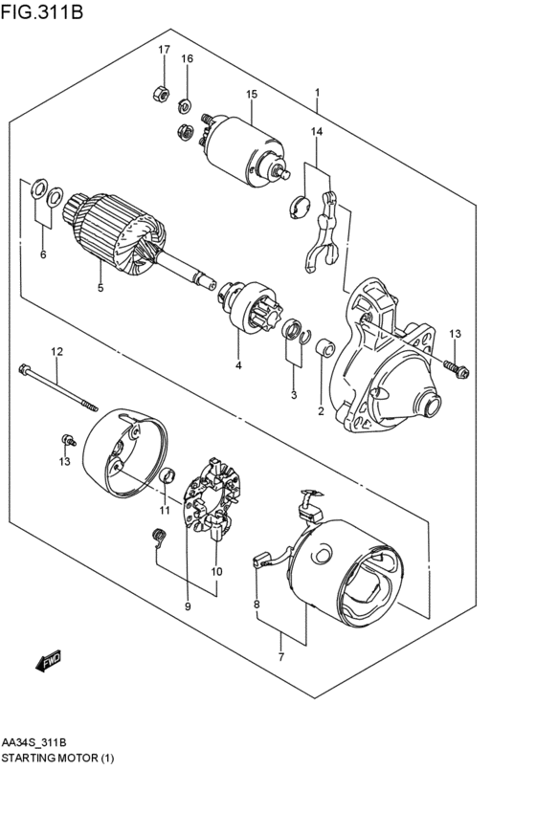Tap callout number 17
(x=164, y=50)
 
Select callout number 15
(x=252, y=94)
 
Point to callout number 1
(x=317, y=94)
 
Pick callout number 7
(x=280, y=656)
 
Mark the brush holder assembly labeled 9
(x=212, y=495)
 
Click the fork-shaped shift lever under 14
(x=324, y=231)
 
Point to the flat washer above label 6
(x=39, y=188)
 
